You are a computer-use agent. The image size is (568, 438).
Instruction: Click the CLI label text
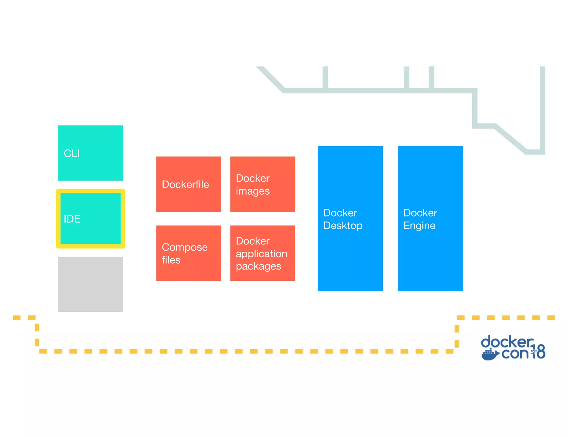(x=72, y=153)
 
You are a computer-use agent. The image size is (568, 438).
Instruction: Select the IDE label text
(x=72, y=219)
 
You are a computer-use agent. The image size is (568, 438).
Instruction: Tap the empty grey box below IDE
(x=91, y=284)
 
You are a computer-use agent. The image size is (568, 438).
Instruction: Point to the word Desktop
(x=343, y=226)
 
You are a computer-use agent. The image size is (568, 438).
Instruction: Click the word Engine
(x=419, y=226)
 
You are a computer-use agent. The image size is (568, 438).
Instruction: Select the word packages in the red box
(x=258, y=266)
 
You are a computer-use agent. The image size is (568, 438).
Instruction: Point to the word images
(x=253, y=191)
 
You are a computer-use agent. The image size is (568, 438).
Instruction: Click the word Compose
(x=185, y=247)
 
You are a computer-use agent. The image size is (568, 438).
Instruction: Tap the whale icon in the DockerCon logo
(x=490, y=355)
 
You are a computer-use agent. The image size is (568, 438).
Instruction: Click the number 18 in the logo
(x=539, y=352)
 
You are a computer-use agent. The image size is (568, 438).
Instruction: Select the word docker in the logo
(x=507, y=342)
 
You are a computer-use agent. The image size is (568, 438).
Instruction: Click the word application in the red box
(x=261, y=254)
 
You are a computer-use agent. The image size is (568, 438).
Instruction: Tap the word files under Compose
(x=171, y=260)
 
